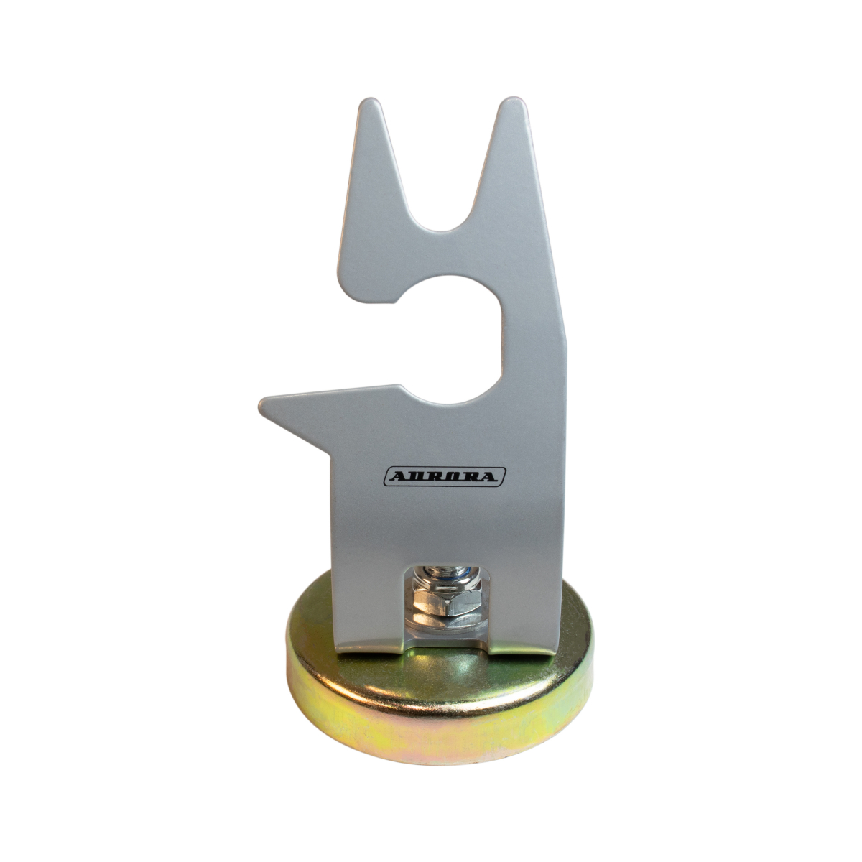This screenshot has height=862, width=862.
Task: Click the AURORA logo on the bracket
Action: (x=445, y=476)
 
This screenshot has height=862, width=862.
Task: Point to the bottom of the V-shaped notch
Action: (x=440, y=231)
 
